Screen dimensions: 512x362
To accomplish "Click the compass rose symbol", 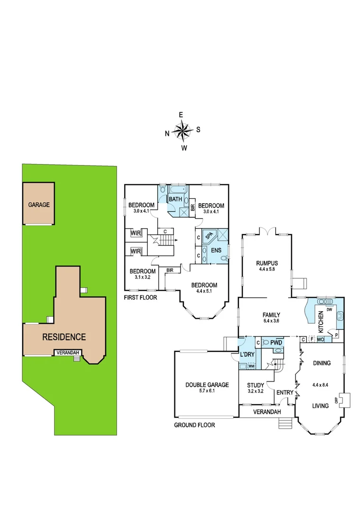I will [x=182, y=130].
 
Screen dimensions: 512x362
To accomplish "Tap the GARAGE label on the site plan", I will [x=39, y=205].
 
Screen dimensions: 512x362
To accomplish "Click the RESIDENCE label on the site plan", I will [x=64, y=337].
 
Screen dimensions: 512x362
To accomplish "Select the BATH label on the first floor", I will [x=176, y=199].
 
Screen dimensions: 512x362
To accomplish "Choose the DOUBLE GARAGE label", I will [x=207, y=385].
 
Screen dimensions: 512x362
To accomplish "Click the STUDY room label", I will [x=255, y=385].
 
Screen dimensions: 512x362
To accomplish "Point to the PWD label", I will [x=276, y=342].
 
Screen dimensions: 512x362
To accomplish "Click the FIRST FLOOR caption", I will [x=140, y=297].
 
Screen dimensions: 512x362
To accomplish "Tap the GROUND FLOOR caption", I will [x=195, y=425].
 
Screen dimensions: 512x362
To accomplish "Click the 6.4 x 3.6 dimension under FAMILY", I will [x=272, y=320].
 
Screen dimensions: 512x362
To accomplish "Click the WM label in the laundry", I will [x=251, y=366].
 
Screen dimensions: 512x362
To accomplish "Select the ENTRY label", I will [x=285, y=392].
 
